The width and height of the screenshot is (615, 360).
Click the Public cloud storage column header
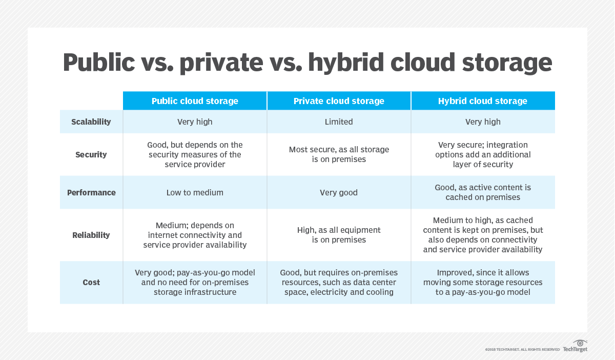point(195,101)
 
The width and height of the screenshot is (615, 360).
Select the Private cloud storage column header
point(339,101)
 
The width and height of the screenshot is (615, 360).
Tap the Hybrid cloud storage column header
point(483,101)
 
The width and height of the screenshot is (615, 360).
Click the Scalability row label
point(91,122)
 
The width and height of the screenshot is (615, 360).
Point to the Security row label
point(91,154)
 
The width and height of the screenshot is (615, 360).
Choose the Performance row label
point(91,192)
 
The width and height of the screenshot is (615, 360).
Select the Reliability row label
point(91,235)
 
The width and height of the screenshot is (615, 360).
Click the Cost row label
point(91,282)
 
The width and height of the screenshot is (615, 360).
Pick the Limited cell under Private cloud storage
point(339,122)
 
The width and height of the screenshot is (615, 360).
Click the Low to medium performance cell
point(195,192)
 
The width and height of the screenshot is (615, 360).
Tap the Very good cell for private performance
point(339,192)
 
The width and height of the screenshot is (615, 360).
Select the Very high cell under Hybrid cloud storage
point(483,122)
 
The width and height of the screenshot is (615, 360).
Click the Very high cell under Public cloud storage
point(195,122)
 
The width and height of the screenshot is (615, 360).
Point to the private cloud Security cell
point(339,154)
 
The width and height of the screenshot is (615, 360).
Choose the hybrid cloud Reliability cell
point(483,235)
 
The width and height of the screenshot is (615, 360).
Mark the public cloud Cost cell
point(195,282)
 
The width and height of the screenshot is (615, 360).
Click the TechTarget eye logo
point(580,343)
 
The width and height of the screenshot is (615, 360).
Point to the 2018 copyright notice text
point(522,349)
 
